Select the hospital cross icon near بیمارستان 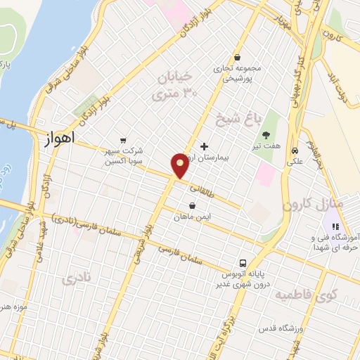click(x=204, y=147)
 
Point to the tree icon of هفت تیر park click(x=266, y=135)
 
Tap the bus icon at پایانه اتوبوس click(x=240, y=259)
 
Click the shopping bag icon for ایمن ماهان click(x=192, y=206)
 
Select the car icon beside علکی click(x=295, y=150)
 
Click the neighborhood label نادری click(x=77, y=278)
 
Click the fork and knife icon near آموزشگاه click(x=335, y=226)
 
